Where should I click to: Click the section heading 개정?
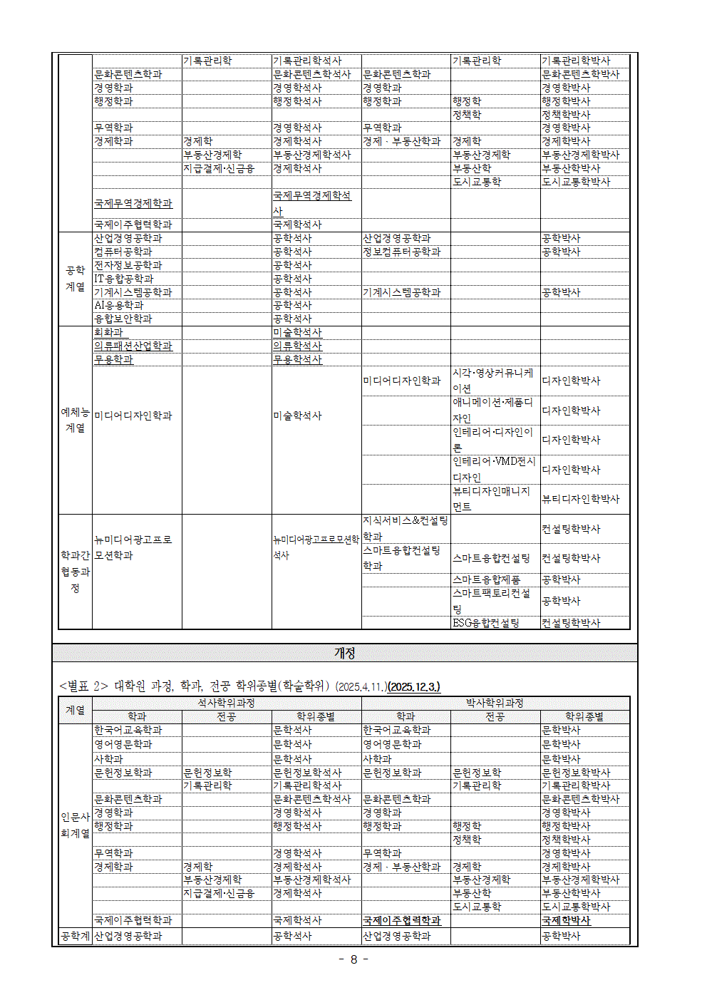pyautogui.click(x=344, y=653)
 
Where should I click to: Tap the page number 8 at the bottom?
pyautogui.click(x=353, y=959)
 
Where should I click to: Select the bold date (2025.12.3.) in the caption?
pyautogui.click(x=413, y=687)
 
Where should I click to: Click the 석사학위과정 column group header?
pyautogui.click(x=227, y=703)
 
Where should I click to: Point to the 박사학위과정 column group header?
pyautogui.click(x=495, y=703)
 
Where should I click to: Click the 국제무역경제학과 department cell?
pyautogui.click(x=133, y=203)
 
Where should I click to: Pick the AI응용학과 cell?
pyautogui.click(x=119, y=305)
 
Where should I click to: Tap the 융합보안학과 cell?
pyautogui.click(x=123, y=319)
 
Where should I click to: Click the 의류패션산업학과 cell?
pyautogui.click(x=133, y=346)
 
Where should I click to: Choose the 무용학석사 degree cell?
pyautogui.click(x=297, y=359)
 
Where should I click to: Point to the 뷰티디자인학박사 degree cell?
pyautogui.click(x=581, y=499)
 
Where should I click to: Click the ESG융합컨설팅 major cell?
pyautogui.click(x=486, y=623)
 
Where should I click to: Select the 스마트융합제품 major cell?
pyautogui.click(x=486, y=579)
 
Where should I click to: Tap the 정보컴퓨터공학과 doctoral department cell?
pyautogui.click(x=402, y=252)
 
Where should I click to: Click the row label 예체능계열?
pyautogui.click(x=75, y=420)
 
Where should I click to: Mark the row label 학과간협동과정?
pyautogui.click(x=75, y=572)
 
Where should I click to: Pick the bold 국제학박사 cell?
pyautogui.click(x=567, y=920)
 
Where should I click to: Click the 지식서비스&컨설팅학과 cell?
pyautogui.click(x=405, y=528)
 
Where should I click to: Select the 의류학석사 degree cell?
pyautogui.click(x=297, y=346)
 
